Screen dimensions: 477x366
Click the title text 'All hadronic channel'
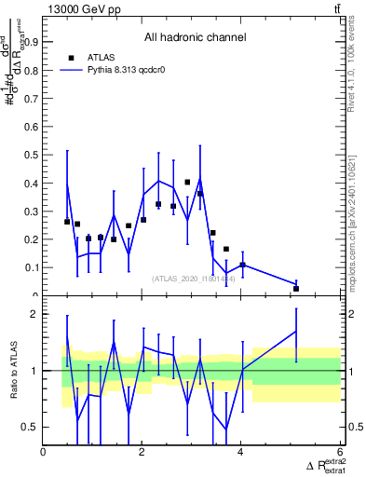coord(195,38)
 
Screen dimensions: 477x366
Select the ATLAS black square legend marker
coord(71,57)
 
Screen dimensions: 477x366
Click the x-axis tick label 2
coord(142,453)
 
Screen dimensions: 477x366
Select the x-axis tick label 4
coord(240,453)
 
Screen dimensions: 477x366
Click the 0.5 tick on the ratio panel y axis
coord(32,428)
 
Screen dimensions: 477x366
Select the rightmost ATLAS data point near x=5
coord(296,289)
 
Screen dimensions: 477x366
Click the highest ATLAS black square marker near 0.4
coord(187,183)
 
